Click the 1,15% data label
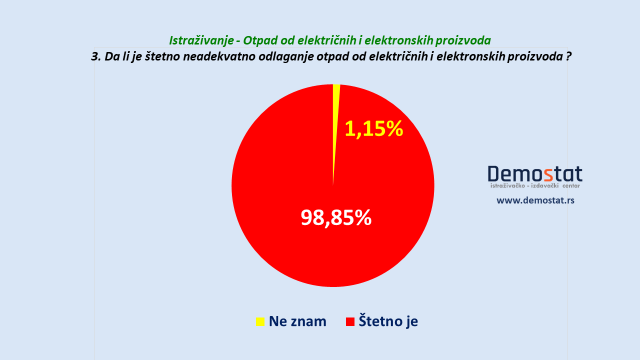tap(374, 129)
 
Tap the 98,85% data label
tap(336, 217)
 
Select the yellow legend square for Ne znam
tap(260, 321)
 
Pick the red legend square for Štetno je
tap(350, 321)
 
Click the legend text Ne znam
tap(297, 321)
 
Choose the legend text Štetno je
tap(388, 321)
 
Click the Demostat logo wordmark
tap(535, 174)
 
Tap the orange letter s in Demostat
tap(548, 175)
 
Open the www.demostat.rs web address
tap(535, 200)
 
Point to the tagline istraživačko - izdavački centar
tap(535, 185)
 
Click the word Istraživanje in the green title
tap(202, 41)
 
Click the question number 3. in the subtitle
tap(96, 56)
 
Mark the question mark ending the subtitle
tap(568, 56)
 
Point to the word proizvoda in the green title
tap(463, 41)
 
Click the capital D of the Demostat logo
tap(493, 173)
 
